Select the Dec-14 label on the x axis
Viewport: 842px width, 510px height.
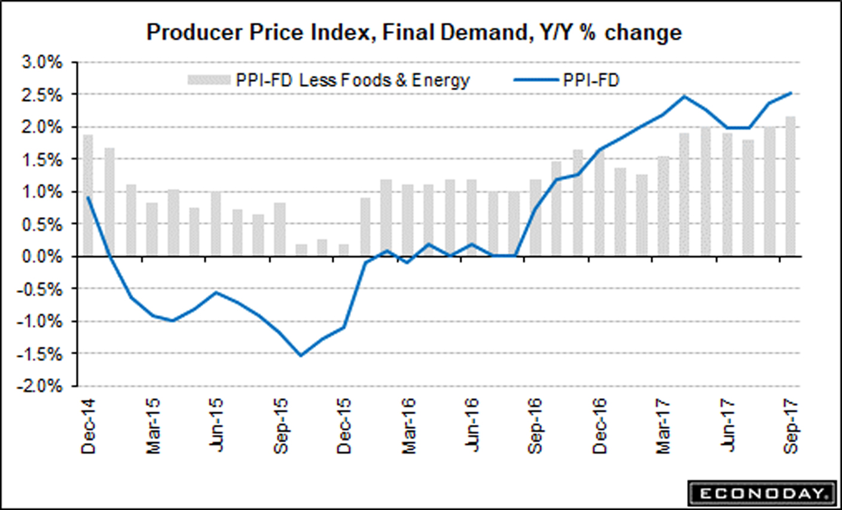(x=89, y=427)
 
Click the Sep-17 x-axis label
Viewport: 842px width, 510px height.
(x=791, y=427)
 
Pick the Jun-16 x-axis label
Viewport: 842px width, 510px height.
(x=472, y=427)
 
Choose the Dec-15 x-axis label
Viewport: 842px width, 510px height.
(x=344, y=427)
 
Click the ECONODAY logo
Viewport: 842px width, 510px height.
(x=761, y=493)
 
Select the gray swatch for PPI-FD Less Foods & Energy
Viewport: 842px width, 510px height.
(x=209, y=80)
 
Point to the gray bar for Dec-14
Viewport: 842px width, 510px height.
(x=89, y=196)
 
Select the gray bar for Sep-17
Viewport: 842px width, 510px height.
(x=791, y=186)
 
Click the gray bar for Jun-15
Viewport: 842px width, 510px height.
(x=216, y=224)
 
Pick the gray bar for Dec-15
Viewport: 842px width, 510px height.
(x=344, y=250)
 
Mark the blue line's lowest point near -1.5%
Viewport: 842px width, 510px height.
(x=301, y=356)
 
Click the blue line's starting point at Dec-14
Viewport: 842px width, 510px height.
(x=89, y=197)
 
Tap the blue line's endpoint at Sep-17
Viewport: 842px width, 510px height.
(x=791, y=93)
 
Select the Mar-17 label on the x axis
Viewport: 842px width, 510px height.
(x=663, y=427)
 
